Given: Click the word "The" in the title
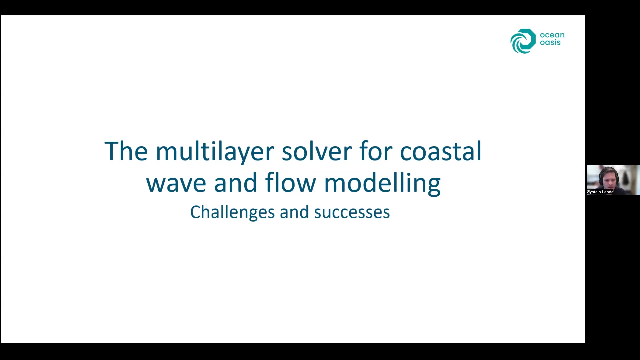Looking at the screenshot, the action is (126, 151).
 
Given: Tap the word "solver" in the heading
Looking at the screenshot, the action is (317, 151).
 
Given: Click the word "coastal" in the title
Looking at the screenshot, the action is (441, 151).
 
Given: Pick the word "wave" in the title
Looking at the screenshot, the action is (176, 183).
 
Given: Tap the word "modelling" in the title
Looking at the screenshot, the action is (382, 183).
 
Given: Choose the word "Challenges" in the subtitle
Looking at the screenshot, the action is (232, 212).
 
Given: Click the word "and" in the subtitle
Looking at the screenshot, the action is (294, 212).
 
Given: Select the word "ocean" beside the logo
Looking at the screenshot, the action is (552, 35).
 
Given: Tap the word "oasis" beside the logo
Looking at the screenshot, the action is (550, 42).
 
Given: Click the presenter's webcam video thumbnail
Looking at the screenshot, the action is (613, 180).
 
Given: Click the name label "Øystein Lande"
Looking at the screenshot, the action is (600, 192).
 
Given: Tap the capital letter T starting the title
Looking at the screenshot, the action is (112, 151).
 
